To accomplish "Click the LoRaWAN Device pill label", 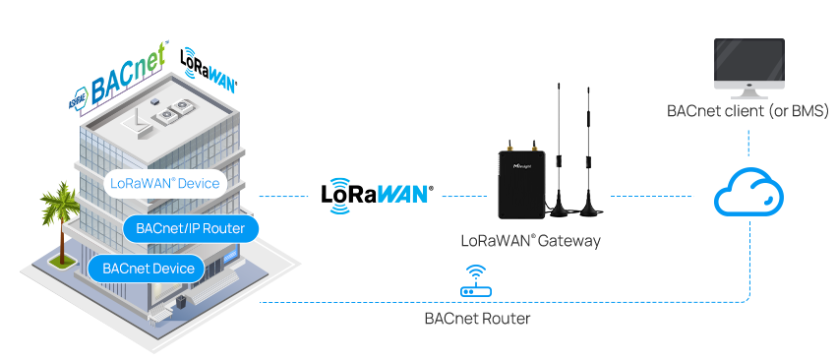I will (x=165, y=183).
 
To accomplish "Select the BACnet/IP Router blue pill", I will (x=191, y=228).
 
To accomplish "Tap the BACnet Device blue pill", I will (x=147, y=268).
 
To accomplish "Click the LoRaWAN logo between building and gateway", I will (x=378, y=192).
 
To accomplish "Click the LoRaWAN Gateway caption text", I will (x=530, y=240).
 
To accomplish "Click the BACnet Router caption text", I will (x=477, y=318).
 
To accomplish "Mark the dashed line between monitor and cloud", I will (x=749, y=142).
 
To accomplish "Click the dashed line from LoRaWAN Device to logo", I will (x=286, y=196).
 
